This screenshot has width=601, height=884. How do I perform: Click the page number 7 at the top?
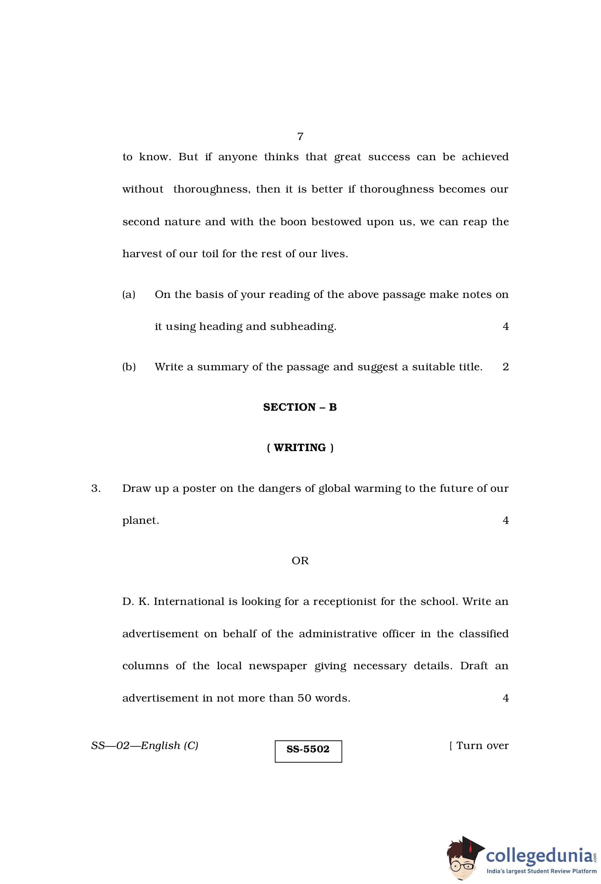[300, 136]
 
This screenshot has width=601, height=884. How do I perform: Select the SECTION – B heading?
[300, 407]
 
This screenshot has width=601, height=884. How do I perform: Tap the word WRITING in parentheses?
[300, 447]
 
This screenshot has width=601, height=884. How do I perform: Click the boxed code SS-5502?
[308, 749]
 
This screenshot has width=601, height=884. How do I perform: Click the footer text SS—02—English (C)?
[144, 746]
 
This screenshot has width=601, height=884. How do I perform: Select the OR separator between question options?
[300, 561]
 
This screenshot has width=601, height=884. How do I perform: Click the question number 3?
[96, 488]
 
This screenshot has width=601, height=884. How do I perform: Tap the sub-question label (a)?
[129, 295]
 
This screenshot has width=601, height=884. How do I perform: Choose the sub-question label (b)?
[129, 367]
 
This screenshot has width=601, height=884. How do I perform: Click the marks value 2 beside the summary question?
[505, 367]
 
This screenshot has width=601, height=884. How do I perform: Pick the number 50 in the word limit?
[304, 698]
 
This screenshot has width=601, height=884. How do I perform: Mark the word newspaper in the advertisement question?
[278, 666]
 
